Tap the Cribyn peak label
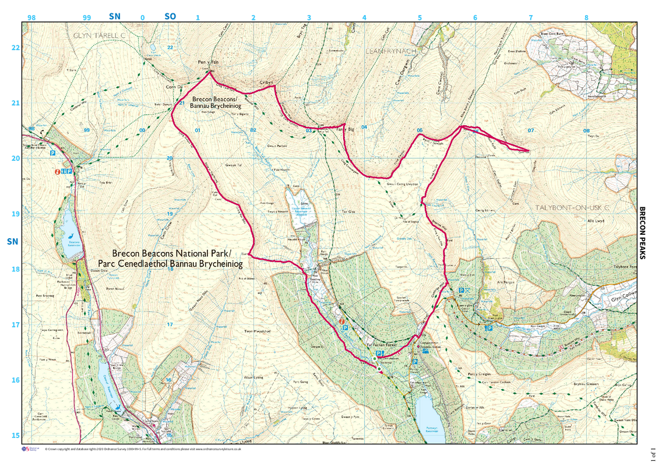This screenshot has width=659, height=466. (266, 84)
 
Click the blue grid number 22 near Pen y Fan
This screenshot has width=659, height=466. (170, 47)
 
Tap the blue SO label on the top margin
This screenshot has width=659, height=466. (170, 16)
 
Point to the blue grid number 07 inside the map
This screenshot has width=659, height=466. (530, 130)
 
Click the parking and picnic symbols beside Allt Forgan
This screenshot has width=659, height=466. (465, 290)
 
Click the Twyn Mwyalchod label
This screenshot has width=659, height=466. (258, 331)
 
